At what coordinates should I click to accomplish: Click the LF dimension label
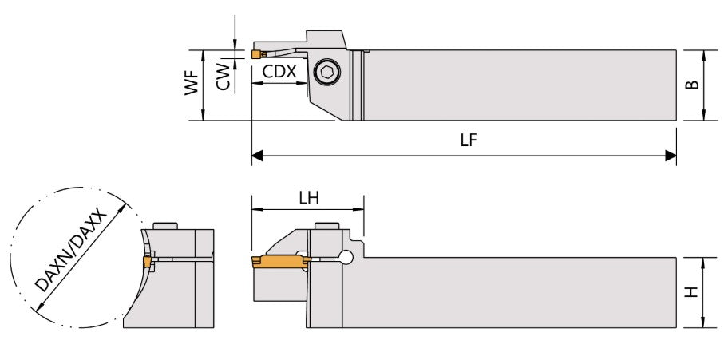469,140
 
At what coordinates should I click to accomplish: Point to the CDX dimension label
279,72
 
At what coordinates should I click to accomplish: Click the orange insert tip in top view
255,55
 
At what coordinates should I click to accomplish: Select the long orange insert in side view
279,261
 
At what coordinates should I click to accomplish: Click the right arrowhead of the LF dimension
672,156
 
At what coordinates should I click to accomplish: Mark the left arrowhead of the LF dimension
256,156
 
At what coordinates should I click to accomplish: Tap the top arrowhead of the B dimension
703,54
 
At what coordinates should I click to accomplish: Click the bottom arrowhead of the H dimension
703,323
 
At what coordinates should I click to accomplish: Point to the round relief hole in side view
344,257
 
